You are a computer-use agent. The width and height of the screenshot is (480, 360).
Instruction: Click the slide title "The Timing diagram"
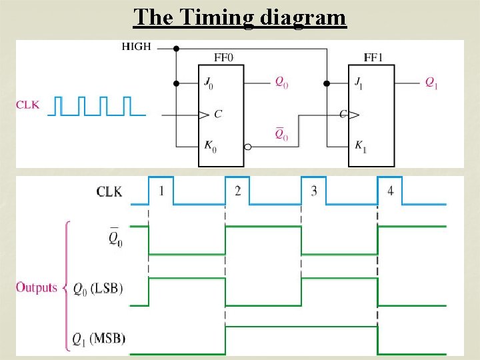(240, 17)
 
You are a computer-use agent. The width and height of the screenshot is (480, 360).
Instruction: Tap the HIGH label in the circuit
(137, 47)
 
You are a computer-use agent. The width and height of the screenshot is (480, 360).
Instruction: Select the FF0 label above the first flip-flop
(223, 57)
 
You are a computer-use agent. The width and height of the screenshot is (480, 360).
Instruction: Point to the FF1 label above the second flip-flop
(373, 57)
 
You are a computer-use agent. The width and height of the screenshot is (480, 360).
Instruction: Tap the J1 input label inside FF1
(361, 84)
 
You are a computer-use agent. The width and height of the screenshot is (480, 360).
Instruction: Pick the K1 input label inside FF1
(361, 147)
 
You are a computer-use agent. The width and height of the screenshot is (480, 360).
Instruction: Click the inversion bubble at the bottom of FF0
(247, 146)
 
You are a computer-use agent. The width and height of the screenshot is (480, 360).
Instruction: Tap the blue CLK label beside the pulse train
(28, 105)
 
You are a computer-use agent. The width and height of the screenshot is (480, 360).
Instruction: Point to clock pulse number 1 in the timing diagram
(161, 191)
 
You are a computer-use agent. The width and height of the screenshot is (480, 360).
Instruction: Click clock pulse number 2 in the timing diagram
(238, 191)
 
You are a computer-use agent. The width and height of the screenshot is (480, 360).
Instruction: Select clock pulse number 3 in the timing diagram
(314, 191)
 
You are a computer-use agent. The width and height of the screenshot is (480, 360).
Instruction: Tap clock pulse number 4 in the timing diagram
(391, 191)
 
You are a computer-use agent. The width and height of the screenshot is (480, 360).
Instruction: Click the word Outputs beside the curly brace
(37, 288)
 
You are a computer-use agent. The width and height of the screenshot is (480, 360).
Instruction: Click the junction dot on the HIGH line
(176, 49)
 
